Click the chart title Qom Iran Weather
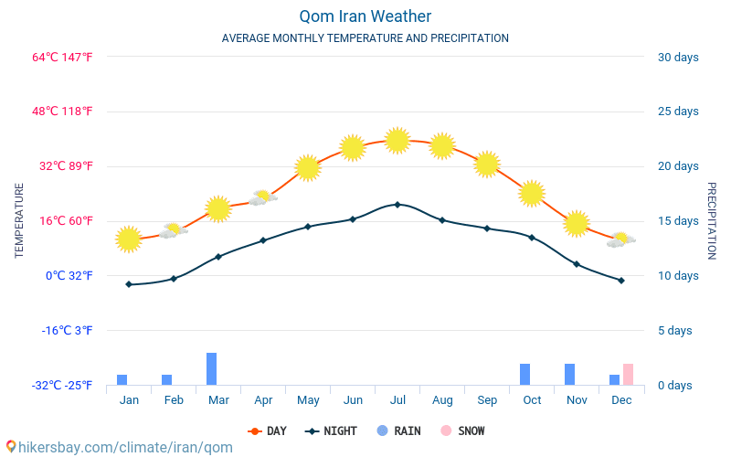pos(365,16)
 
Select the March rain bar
pos(211,368)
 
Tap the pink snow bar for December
pos(628,374)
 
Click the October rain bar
pos(525,374)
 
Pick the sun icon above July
pos(397,140)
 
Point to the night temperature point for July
pos(397,205)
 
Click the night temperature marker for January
pos(129,284)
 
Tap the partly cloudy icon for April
pos(263,197)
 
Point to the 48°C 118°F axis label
pos(62,112)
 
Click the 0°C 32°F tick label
pos(69,275)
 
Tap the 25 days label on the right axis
pos(678,112)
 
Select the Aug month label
pos(442,400)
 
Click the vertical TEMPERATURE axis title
pos(19,220)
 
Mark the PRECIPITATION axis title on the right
pos(712,220)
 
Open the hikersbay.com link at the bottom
pos(120,447)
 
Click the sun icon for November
pos(577,223)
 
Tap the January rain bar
pos(122,379)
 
